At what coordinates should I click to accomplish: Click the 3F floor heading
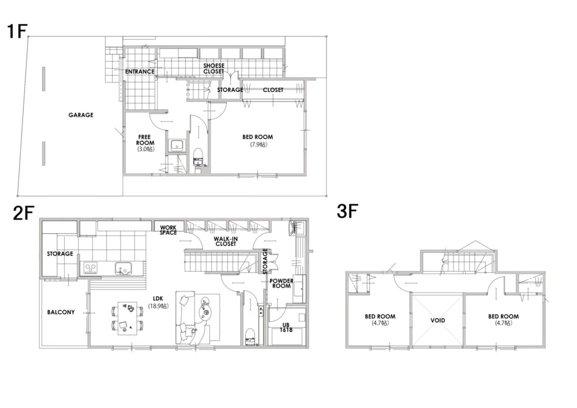[347, 212]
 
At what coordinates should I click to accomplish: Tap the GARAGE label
[81, 115]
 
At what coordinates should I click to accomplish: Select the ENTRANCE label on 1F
[140, 72]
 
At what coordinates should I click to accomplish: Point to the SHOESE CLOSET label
[214, 69]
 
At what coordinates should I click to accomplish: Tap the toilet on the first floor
[198, 157]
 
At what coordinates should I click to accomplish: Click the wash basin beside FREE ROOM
[177, 145]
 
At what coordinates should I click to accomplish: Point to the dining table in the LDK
[128, 319]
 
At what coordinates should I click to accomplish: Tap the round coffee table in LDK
[205, 313]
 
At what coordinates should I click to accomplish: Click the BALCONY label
[61, 312]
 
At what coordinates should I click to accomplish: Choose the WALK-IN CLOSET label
[226, 241]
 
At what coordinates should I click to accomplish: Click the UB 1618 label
[286, 327]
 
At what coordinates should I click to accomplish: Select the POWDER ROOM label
[282, 283]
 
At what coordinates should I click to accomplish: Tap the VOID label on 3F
[438, 320]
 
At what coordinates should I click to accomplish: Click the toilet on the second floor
[250, 336]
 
